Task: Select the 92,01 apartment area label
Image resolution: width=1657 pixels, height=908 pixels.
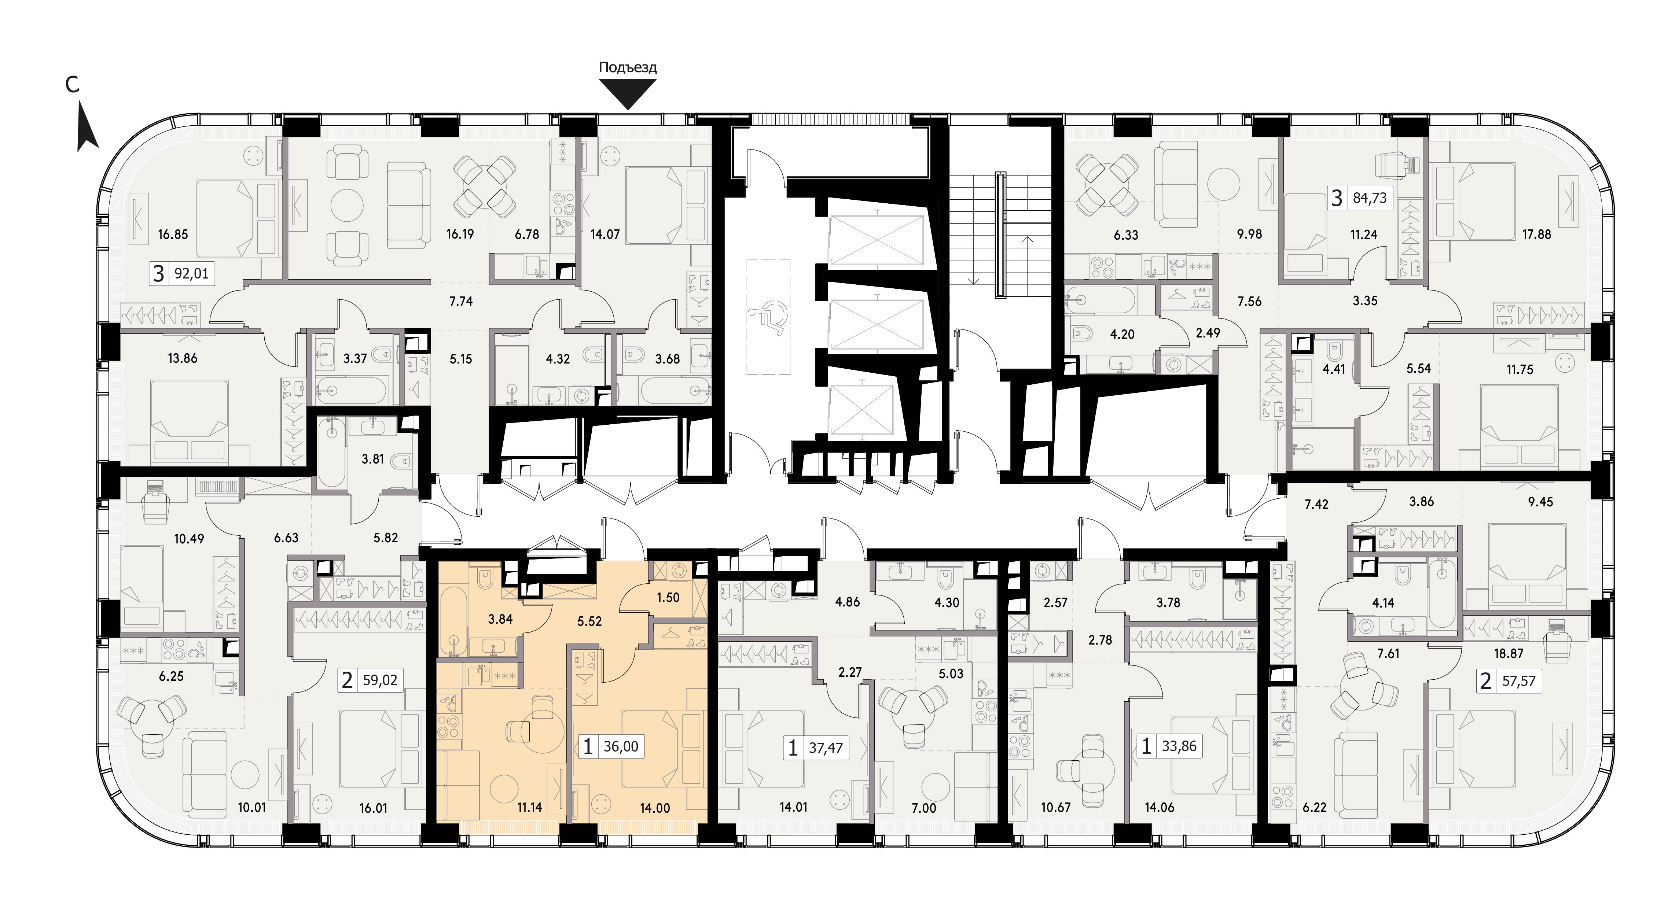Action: pyautogui.click(x=192, y=274)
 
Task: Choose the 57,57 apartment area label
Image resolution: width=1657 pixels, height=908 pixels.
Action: pyautogui.click(x=1519, y=681)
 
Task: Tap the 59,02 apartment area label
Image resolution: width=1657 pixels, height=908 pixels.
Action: pyautogui.click(x=380, y=680)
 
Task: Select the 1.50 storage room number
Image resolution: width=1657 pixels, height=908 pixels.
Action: pyautogui.click(x=668, y=597)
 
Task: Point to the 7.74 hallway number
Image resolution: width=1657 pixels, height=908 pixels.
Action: pyautogui.click(x=461, y=301)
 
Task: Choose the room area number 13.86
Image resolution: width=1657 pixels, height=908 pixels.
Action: pyautogui.click(x=183, y=358)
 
